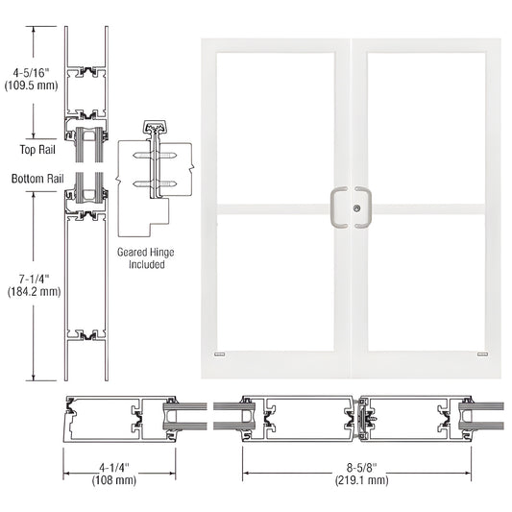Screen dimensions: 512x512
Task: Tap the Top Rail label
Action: (x=36, y=149)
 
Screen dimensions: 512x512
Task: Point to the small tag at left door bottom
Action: (x=220, y=354)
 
